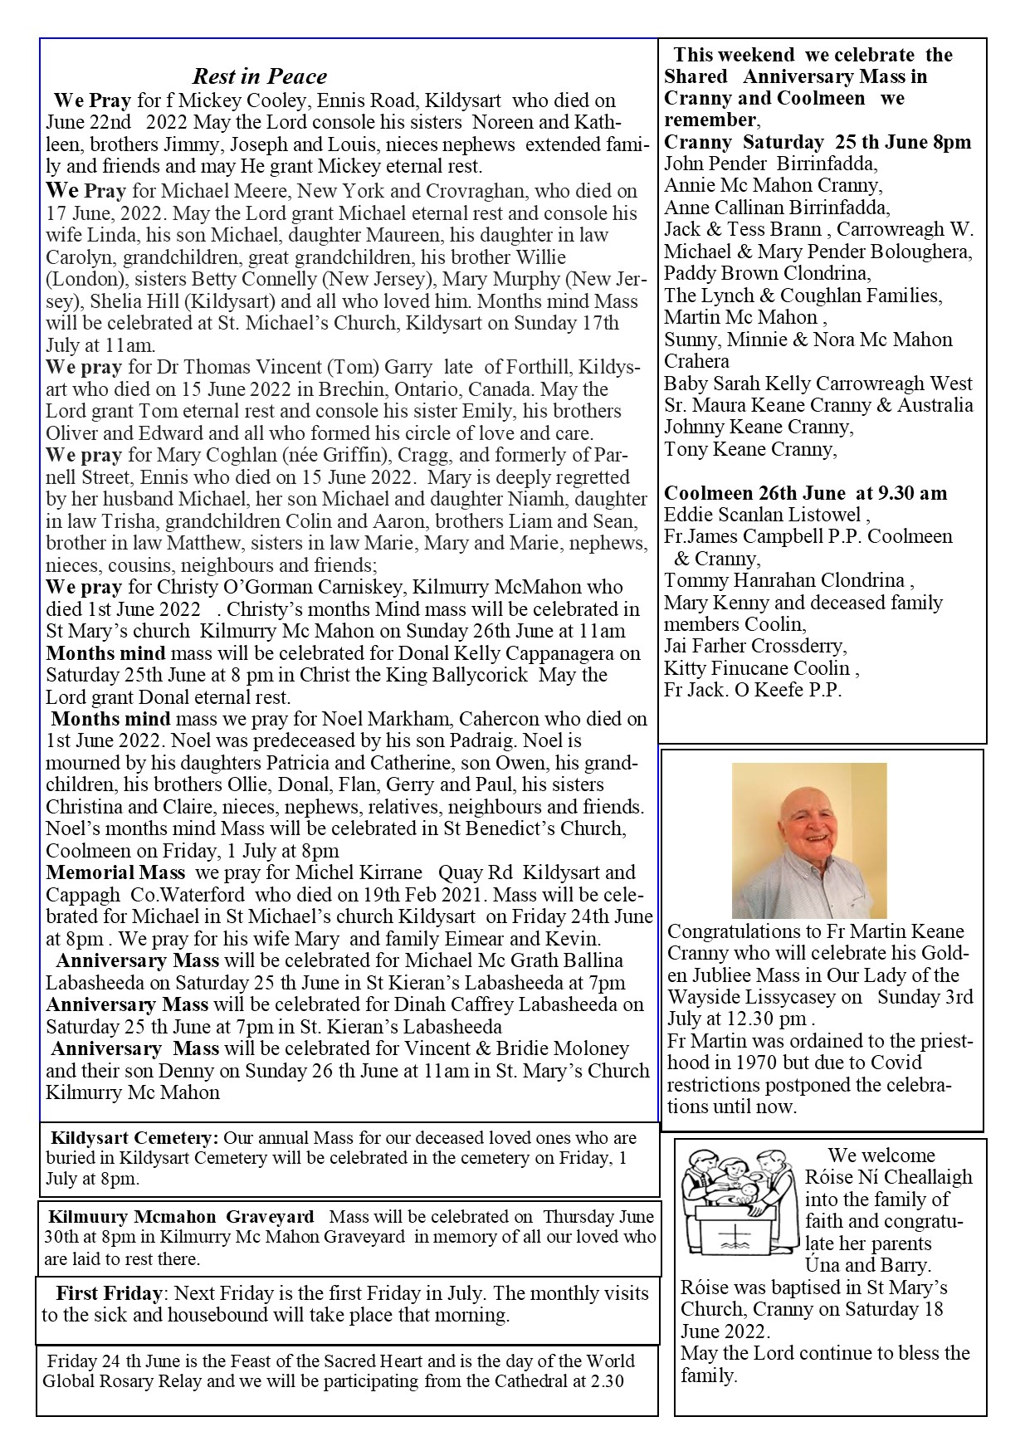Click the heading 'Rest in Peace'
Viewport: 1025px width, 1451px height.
(x=259, y=77)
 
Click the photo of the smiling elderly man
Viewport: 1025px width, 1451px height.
(x=808, y=840)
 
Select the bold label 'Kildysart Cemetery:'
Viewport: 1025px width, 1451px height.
(x=134, y=1138)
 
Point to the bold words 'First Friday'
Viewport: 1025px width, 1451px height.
(x=109, y=1293)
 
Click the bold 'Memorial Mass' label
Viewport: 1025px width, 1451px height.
(x=115, y=872)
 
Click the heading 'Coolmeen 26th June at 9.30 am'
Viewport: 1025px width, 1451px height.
(x=804, y=493)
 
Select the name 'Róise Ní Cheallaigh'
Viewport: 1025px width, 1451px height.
(x=888, y=1177)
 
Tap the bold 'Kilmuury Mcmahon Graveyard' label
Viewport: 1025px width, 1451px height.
(x=181, y=1217)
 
